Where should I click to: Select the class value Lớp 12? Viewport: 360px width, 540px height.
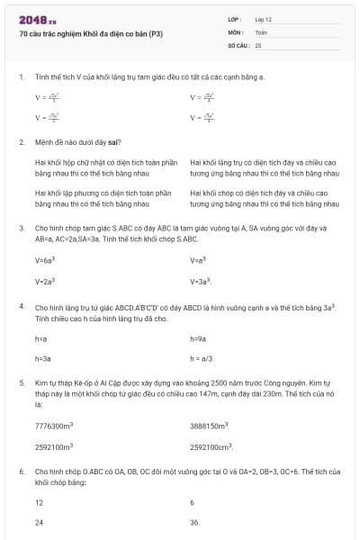point(263,19)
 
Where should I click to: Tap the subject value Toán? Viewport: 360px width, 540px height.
point(261,31)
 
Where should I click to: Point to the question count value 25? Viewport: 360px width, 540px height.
point(258,44)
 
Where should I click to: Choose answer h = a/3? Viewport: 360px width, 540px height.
point(202,358)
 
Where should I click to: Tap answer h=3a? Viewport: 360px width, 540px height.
point(41,358)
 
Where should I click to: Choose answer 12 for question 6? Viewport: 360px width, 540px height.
point(39,502)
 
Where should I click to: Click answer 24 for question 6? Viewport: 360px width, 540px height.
point(39,522)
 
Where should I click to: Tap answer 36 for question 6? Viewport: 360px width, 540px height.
point(194,522)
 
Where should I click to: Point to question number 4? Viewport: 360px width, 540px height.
point(21,308)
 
